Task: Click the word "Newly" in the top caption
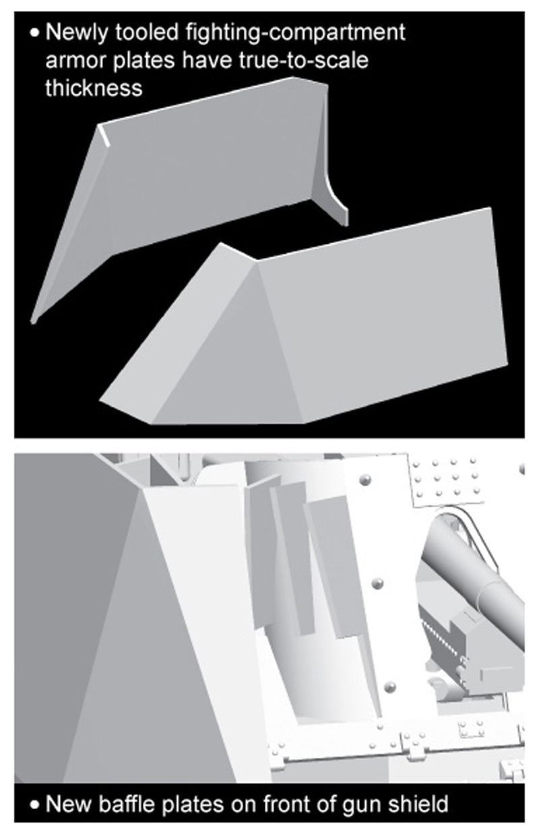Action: coord(77,34)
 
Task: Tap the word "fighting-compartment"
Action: coord(295,34)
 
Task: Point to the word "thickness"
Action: coord(94,88)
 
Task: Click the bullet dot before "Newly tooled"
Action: coord(34,33)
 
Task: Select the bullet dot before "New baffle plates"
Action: coord(34,804)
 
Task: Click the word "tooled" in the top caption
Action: coord(147,33)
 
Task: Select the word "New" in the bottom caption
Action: coord(69,803)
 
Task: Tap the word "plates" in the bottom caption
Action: coord(193,804)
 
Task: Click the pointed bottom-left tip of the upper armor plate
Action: coord(33,322)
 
